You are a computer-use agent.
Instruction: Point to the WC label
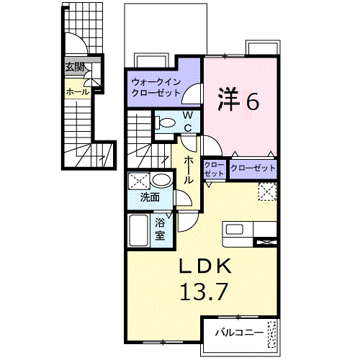click(186, 121)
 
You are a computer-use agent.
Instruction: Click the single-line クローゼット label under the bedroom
click(253, 168)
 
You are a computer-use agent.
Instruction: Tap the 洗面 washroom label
click(149, 196)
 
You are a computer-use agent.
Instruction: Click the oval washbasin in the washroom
click(163, 180)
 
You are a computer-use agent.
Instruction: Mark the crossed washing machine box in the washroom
click(139, 181)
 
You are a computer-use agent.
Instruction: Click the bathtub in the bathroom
click(139, 231)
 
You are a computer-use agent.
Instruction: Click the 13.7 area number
click(205, 292)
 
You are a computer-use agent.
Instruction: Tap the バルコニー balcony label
click(237, 333)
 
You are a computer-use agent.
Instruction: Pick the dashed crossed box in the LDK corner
click(267, 192)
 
